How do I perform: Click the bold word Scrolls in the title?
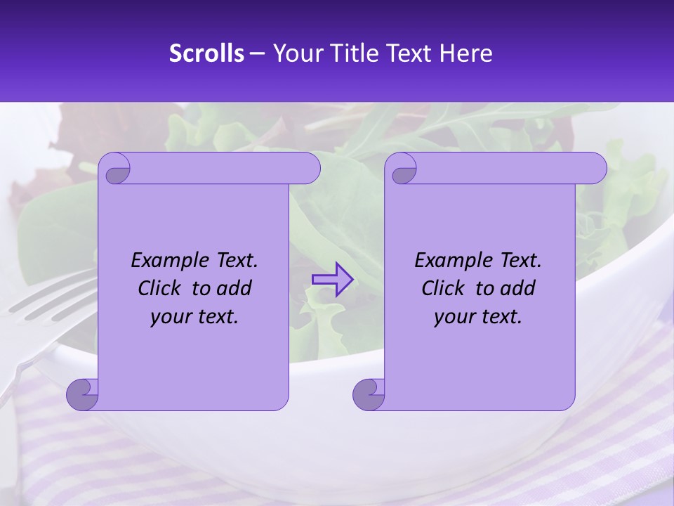(206, 53)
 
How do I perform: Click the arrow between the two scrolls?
(332, 279)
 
